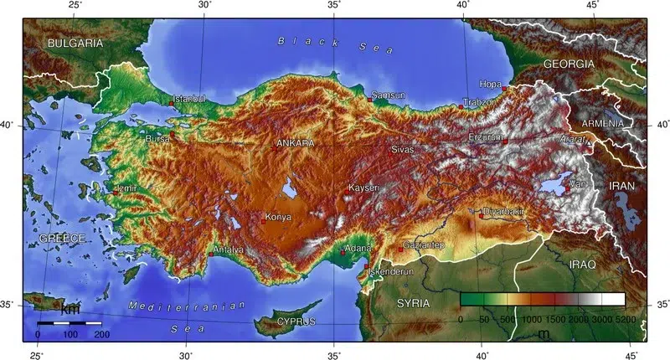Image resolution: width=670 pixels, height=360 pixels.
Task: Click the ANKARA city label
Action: pyautogui.click(x=295, y=143)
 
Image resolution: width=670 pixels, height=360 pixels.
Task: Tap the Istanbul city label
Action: pyautogui.click(x=188, y=100)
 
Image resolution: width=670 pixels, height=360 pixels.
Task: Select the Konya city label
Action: pyautogui.click(x=277, y=218)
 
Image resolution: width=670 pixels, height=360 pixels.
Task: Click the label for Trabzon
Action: pyautogui.click(x=481, y=102)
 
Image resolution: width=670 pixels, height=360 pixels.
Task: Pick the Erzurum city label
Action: pyautogui.click(x=487, y=136)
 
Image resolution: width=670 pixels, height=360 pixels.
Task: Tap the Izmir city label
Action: pyautogui.click(x=126, y=188)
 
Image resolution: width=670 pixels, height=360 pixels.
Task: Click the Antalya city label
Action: pyautogui.click(x=229, y=249)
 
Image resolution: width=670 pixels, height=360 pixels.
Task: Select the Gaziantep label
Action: pyautogui.click(x=424, y=244)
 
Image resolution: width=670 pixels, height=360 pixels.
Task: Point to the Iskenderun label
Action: pyautogui.click(x=390, y=272)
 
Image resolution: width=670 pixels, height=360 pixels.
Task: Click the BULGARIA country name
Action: pyautogui.click(x=75, y=43)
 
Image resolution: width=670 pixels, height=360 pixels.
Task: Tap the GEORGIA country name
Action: pyautogui.click(x=569, y=64)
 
